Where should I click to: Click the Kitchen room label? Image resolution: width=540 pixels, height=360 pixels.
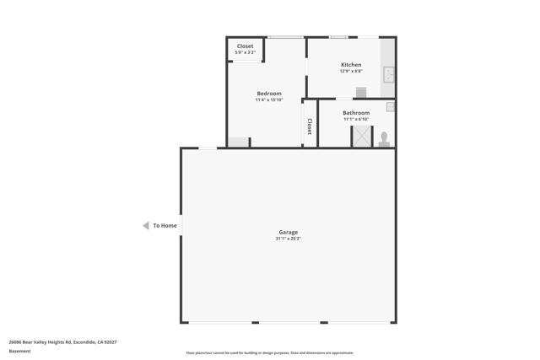[x=351, y=65]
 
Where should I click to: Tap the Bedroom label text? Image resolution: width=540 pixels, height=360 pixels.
[x=269, y=94]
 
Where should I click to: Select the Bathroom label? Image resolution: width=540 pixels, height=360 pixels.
[x=356, y=113]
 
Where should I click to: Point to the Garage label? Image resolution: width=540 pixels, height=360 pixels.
[x=289, y=232]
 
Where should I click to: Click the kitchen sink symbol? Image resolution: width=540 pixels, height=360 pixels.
[x=389, y=74]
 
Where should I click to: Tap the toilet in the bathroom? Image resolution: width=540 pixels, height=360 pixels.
[x=384, y=139]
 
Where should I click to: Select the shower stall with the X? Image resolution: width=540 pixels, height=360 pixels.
[x=362, y=137]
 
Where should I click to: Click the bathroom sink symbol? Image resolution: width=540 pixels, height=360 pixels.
[x=391, y=107]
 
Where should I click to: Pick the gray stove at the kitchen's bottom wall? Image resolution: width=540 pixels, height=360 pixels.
[x=361, y=93]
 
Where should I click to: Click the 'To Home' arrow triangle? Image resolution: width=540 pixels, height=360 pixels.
[x=146, y=226]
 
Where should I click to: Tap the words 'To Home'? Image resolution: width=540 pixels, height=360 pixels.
[x=165, y=226]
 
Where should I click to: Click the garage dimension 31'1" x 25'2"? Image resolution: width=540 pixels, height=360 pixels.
[x=289, y=239]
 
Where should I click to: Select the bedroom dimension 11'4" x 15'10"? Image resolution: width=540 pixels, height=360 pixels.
[x=269, y=100]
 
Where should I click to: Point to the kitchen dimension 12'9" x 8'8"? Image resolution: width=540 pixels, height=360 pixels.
[x=351, y=72]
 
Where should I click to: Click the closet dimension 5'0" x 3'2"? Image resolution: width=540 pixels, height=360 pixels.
[x=245, y=52]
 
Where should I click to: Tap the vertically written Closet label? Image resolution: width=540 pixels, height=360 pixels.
[x=310, y=126]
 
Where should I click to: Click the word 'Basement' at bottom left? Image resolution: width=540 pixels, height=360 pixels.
[x=19, y=352]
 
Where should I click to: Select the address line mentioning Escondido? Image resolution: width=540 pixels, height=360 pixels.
[x=62, y=342]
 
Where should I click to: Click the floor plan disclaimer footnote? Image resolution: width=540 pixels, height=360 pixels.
[x=270, y=353]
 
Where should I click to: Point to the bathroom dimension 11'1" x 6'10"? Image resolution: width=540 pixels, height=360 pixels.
[x=356, y=120]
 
